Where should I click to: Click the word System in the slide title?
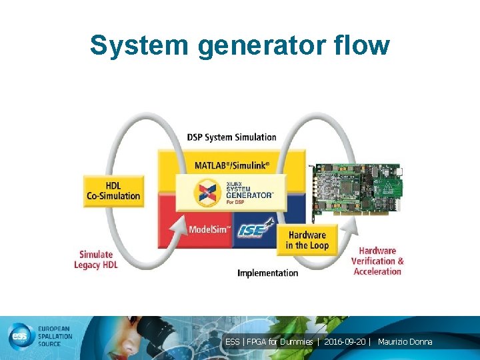(x=131, y=45)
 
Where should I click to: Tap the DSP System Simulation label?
(x=231, y=137)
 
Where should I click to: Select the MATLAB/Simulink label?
(x=232, y=165)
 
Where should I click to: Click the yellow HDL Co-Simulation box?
(x=113, y=191)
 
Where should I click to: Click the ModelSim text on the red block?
(x=209, y=229)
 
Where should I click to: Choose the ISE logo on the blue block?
(x=257, y=229)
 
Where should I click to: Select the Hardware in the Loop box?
(x=307, y=240)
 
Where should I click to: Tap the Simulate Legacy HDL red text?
(x=96, y=259)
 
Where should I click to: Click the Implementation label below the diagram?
(x=268, y=273)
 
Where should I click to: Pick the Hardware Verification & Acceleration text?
(x=377, y=261)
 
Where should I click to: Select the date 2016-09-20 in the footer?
(x=345, y=342)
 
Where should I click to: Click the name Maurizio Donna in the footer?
(x=405, y=342)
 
